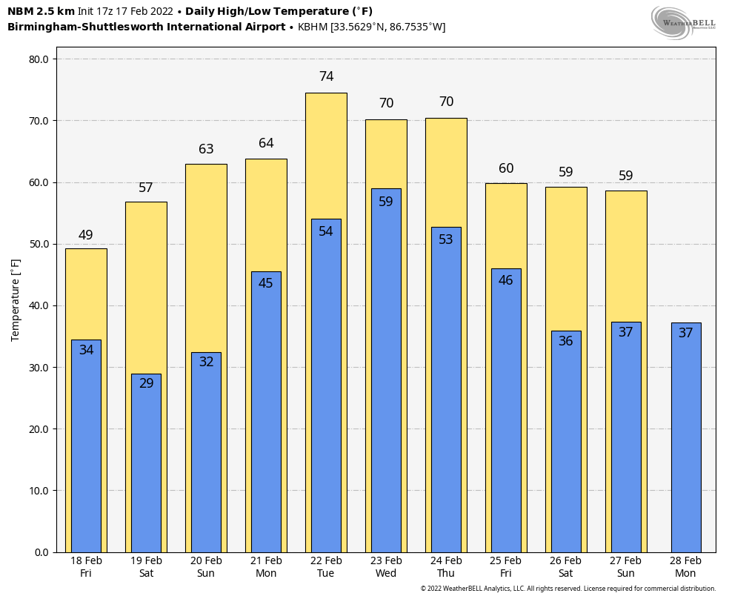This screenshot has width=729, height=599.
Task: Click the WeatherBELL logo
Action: (x=684, y=21)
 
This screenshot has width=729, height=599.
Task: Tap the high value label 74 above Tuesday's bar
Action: (x=326, y=76)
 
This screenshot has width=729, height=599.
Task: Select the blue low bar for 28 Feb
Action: (x=685, y=437)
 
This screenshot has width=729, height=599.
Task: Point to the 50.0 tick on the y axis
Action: (x=38, y=244)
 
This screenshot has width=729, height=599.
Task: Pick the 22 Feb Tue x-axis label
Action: (x=326, y=567)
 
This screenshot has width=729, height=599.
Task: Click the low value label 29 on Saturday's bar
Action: (x=146, y=383)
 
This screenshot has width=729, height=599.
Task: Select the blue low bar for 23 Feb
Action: (x=386, y=371)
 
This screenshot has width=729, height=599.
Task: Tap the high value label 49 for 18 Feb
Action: (x=86, y=235)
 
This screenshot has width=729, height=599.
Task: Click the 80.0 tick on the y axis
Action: (x=38, y=59)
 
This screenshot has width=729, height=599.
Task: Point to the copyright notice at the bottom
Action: (x=567, y=589)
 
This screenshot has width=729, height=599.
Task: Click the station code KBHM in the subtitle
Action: (x=312, y=27)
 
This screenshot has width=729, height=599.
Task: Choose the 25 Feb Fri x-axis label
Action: (x=506, y=567)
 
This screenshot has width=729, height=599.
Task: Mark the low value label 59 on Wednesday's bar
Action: (x=386, y=202)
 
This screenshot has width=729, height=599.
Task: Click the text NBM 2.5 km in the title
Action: (x=41, y=11)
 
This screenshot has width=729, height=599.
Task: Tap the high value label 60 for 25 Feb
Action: (x=506, y=168)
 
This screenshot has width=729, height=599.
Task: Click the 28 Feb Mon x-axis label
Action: (x=685, y=567)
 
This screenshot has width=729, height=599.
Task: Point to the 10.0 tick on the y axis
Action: (x=38, y=491)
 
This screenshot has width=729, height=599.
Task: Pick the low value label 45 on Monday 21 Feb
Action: (x=266, y=283)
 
